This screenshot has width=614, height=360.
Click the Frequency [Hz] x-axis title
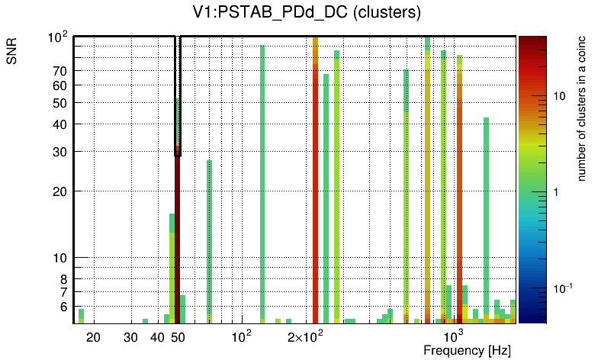467,350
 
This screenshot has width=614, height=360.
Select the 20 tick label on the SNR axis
59,191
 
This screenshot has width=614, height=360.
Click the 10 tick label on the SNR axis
59,259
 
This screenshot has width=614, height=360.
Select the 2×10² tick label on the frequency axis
306,336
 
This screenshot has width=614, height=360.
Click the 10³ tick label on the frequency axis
454,336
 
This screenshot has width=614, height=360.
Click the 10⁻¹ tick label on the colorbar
564,288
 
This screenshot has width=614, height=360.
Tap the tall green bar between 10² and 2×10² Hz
262,183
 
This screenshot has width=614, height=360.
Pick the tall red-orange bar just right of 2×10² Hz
315,183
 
